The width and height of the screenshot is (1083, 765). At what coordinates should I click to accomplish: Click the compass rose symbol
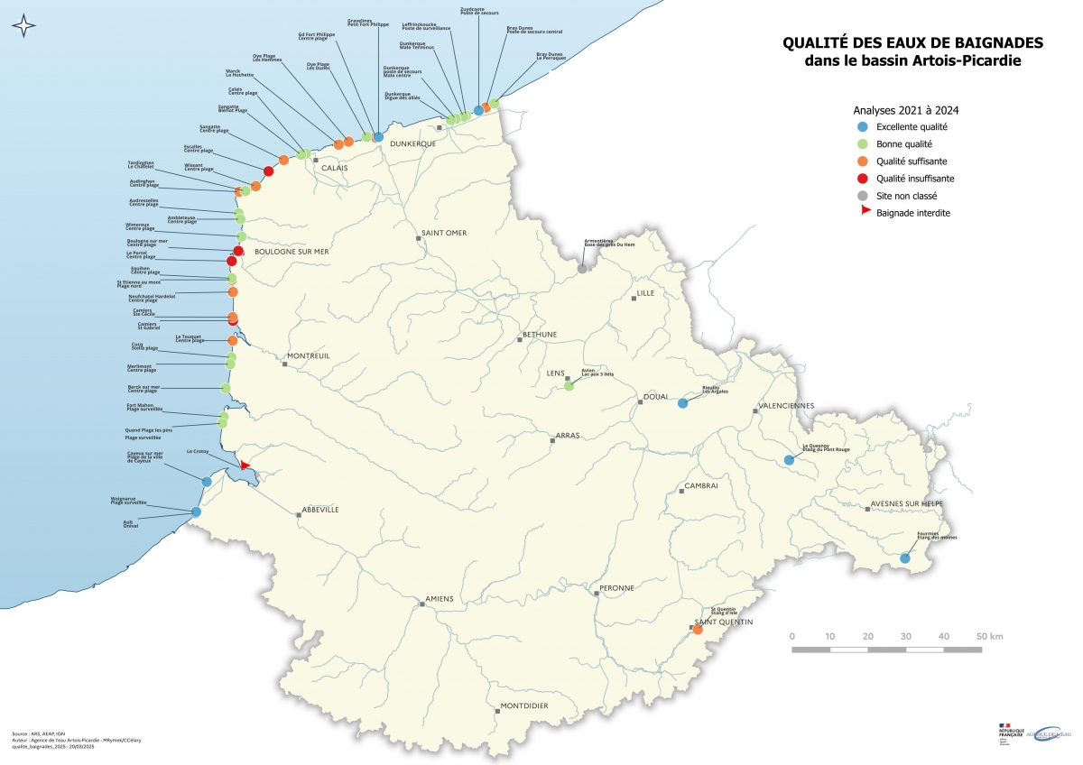24,26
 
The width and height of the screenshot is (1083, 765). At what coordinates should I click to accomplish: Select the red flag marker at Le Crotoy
245,465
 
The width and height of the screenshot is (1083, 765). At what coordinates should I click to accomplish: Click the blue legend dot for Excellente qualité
862,127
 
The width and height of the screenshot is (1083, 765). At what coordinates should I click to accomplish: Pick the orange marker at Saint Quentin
698,629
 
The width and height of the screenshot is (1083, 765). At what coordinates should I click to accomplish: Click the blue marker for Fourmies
904,558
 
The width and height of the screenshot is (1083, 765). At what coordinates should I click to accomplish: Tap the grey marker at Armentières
582,268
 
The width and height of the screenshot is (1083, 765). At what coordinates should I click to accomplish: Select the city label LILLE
645,293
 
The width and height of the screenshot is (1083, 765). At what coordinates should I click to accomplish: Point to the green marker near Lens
569,386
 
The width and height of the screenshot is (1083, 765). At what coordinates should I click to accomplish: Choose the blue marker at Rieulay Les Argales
682,403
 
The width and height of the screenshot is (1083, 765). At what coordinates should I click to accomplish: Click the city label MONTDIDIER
524,706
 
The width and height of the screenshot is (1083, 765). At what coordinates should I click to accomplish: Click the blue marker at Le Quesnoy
789,459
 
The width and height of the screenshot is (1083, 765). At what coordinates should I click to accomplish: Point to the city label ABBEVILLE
320,510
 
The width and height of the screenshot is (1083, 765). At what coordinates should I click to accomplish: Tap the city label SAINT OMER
445,233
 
